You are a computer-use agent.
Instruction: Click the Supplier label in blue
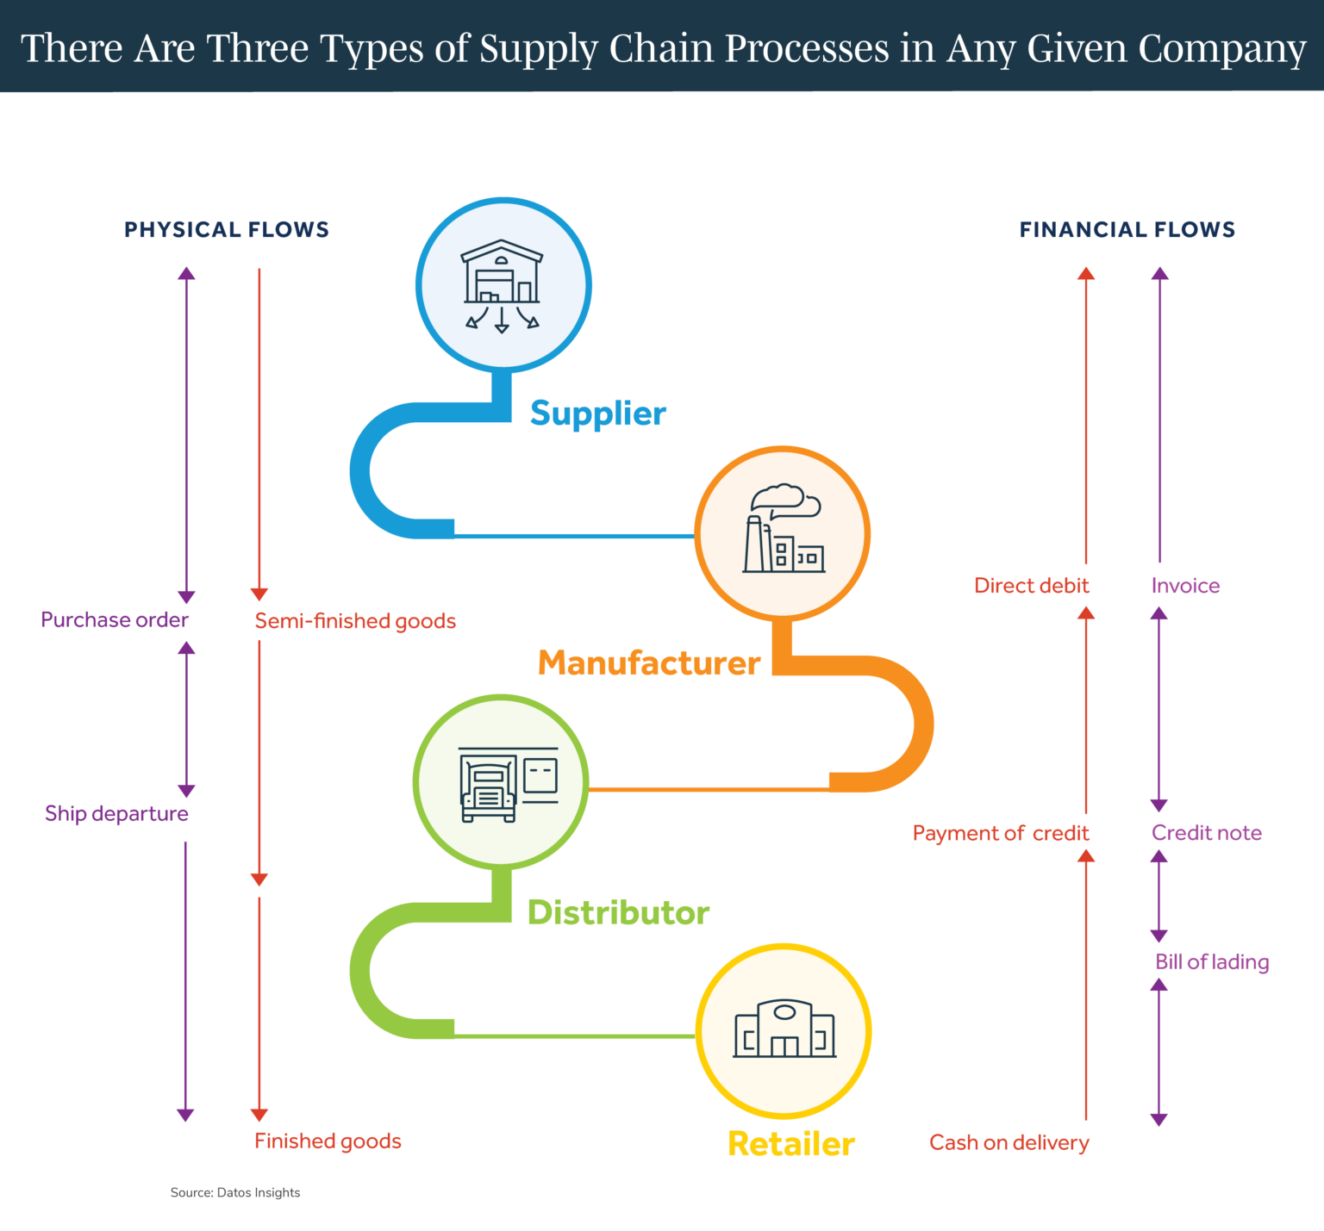tap(597, 413)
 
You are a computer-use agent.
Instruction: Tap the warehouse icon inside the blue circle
tap(503, 285)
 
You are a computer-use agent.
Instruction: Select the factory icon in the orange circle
tap(783, 532)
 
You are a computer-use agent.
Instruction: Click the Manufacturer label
tap(649, 662)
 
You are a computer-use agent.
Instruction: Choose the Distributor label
tap(618, 912)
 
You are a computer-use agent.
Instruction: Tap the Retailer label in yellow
tap(790, 1144)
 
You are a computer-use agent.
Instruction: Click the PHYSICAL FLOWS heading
tap(227, 230)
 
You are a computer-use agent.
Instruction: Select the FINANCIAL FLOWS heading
tap(1127, 230)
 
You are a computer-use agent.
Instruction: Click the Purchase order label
tap(115, 620)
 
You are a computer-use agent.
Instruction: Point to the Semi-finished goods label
tap(355, 621)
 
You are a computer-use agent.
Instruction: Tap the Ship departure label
tap(116, 814)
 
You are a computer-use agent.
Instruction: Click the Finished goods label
tap(328, 1141)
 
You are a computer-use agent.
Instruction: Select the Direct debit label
tap(1031, 586)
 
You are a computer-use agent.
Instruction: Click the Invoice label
tap(1185, 586)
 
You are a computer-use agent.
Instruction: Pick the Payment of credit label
tap(1000, 833)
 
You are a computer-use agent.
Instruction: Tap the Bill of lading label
tap(1211, 962)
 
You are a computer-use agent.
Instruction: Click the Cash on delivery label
tap(1009, 1143)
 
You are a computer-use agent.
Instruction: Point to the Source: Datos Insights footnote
tap(235, 1193)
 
